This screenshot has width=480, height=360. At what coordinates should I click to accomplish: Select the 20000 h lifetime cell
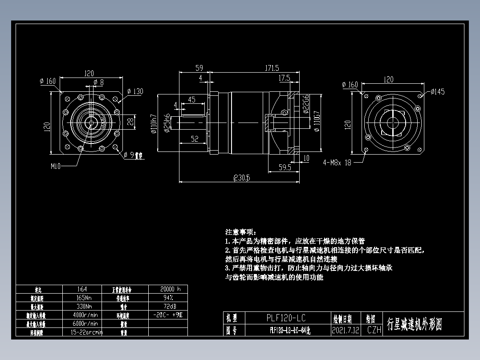coord(167,289)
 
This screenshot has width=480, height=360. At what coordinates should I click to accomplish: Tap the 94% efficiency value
coord(167,298)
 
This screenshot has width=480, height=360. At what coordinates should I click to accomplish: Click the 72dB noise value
coord(167,306)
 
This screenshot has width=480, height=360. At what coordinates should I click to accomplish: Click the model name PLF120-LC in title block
coord(286,318)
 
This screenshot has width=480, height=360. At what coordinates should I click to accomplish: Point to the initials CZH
coord(374,331)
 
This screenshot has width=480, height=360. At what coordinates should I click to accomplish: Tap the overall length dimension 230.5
coord(242,178)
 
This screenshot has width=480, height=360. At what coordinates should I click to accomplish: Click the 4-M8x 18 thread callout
coord(337,163)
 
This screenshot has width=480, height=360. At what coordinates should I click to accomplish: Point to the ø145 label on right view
coord(437,92)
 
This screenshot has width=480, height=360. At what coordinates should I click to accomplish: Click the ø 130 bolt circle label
coord(134,91)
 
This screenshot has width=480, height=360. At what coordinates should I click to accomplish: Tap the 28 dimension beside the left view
coord(130,121)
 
